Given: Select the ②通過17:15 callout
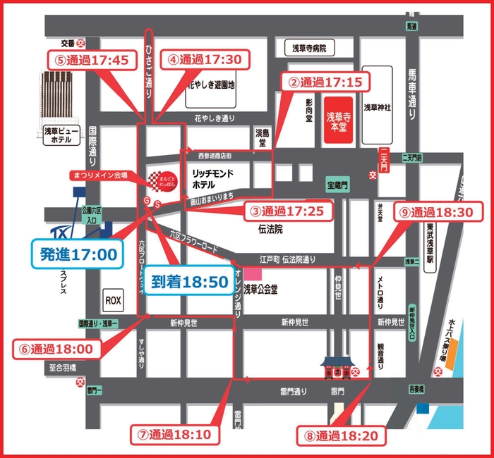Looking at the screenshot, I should point(325,82).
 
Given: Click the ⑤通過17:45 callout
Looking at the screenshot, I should point(92,60).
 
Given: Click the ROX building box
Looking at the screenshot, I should point(113,300).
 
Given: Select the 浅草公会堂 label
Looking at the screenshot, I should point(262,287).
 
